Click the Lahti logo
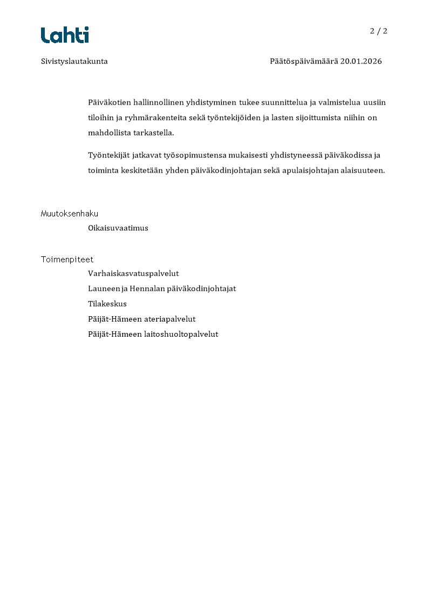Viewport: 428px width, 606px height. [x=65, y=35]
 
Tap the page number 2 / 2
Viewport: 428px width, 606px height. [x=378, y=31]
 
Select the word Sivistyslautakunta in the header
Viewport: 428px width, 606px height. [x=74, y=62]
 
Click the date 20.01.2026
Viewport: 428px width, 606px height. [x=361, y=62]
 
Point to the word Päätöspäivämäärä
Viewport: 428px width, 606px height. [x=304, y=62]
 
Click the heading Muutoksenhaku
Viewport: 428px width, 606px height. [x=70, y=214]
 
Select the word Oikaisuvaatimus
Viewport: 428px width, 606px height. [x=118, y=228]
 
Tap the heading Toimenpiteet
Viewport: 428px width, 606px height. [x=67, y=260]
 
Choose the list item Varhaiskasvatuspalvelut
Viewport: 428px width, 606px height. [x=133, y=274]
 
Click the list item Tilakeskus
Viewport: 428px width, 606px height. [x=107, y=304]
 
